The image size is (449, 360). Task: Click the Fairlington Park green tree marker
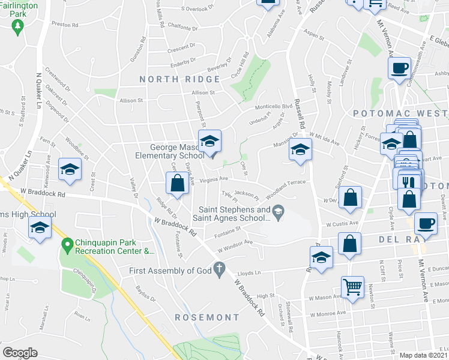(18, 26)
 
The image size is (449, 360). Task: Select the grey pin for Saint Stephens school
(278, 211)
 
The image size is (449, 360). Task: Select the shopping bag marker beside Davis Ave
(177, 183)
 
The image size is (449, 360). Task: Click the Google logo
(20, 352)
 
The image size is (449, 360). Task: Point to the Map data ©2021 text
(423, 355)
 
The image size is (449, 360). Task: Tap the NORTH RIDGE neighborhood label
(180, 79)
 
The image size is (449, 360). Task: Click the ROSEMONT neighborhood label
(207, 317)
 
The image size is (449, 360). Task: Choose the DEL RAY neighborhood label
(402, 239)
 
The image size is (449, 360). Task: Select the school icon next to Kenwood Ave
(70, 169)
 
